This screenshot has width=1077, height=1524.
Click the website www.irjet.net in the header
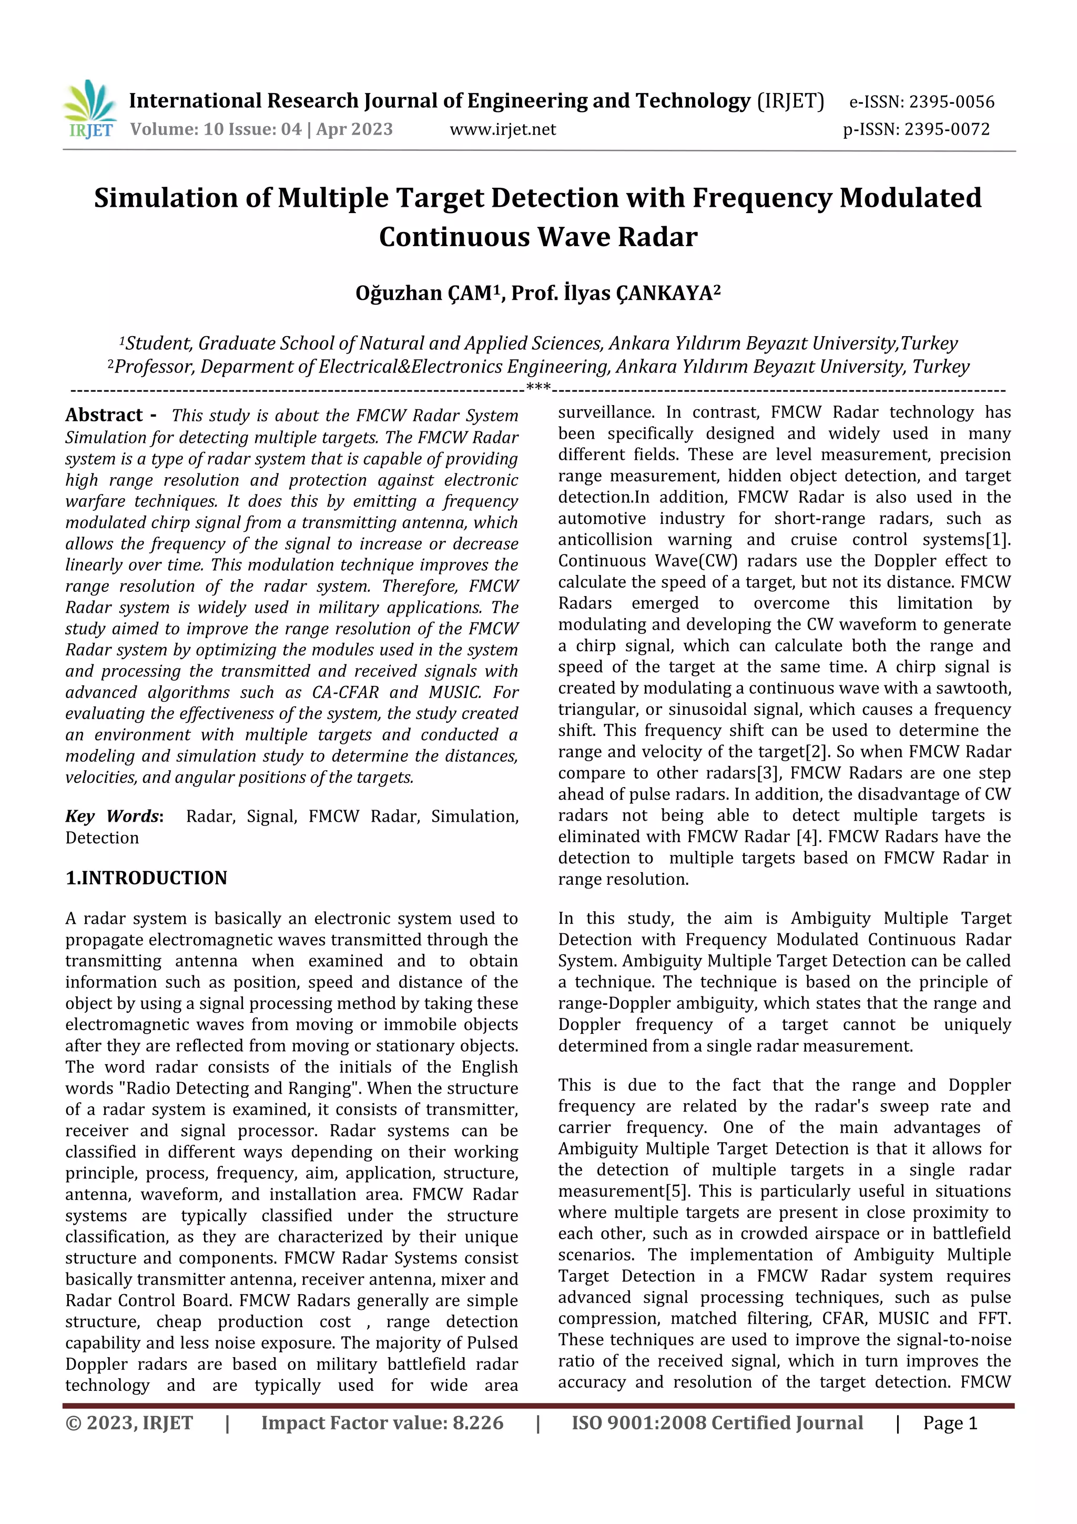coord(502,129)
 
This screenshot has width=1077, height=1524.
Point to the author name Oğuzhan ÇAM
coord(423,292)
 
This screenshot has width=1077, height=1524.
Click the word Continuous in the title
coord(454,237)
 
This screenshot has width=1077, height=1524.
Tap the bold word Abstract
coord(104,415)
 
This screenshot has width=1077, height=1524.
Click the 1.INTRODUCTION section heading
coord(146,877)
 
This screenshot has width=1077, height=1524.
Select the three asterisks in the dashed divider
coord(537,388)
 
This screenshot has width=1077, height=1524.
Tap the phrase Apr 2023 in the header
coord(354,129)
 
